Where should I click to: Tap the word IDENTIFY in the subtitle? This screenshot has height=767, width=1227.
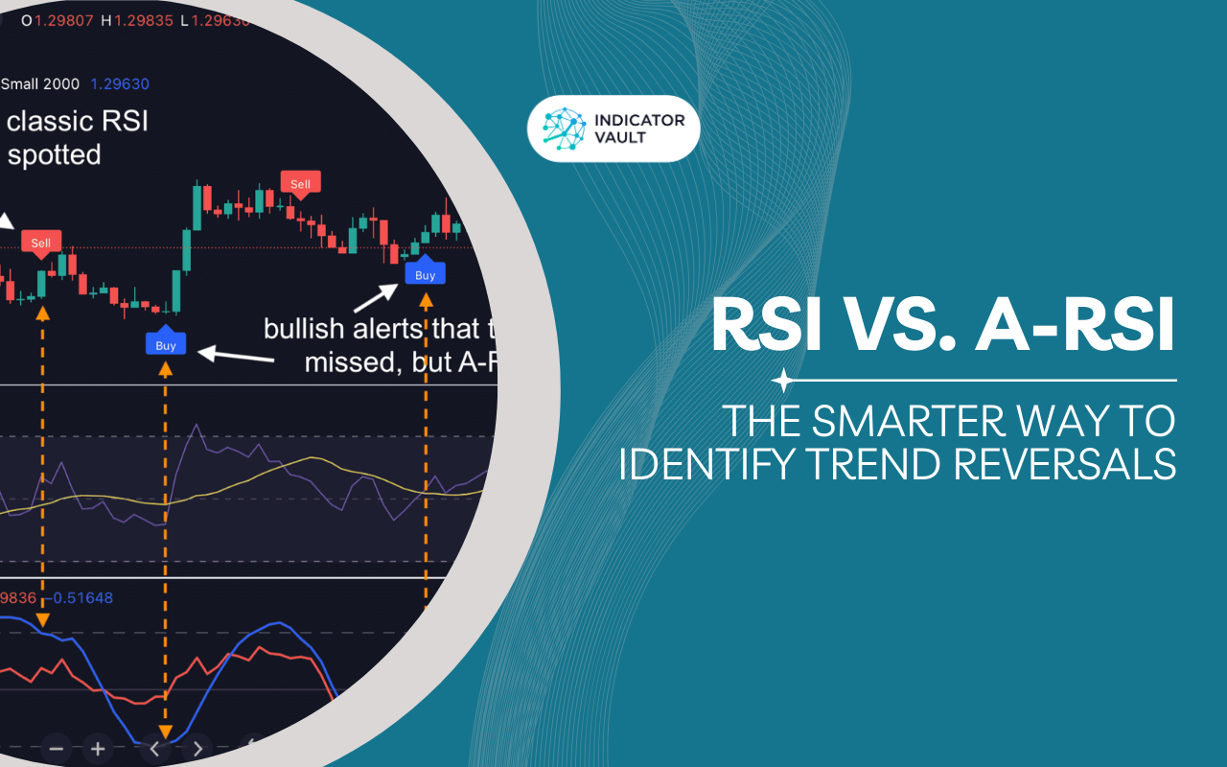(698, 463)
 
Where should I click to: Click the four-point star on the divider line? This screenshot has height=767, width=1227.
(783, 381)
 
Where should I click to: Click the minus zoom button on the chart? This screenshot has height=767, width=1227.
(57, 748)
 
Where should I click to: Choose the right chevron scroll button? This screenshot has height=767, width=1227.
(197, 748)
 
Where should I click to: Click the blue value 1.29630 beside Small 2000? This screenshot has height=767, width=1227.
(120, 84)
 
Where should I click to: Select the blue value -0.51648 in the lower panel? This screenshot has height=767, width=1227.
(82, 598)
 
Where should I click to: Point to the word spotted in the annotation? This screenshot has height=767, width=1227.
(54, 154)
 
